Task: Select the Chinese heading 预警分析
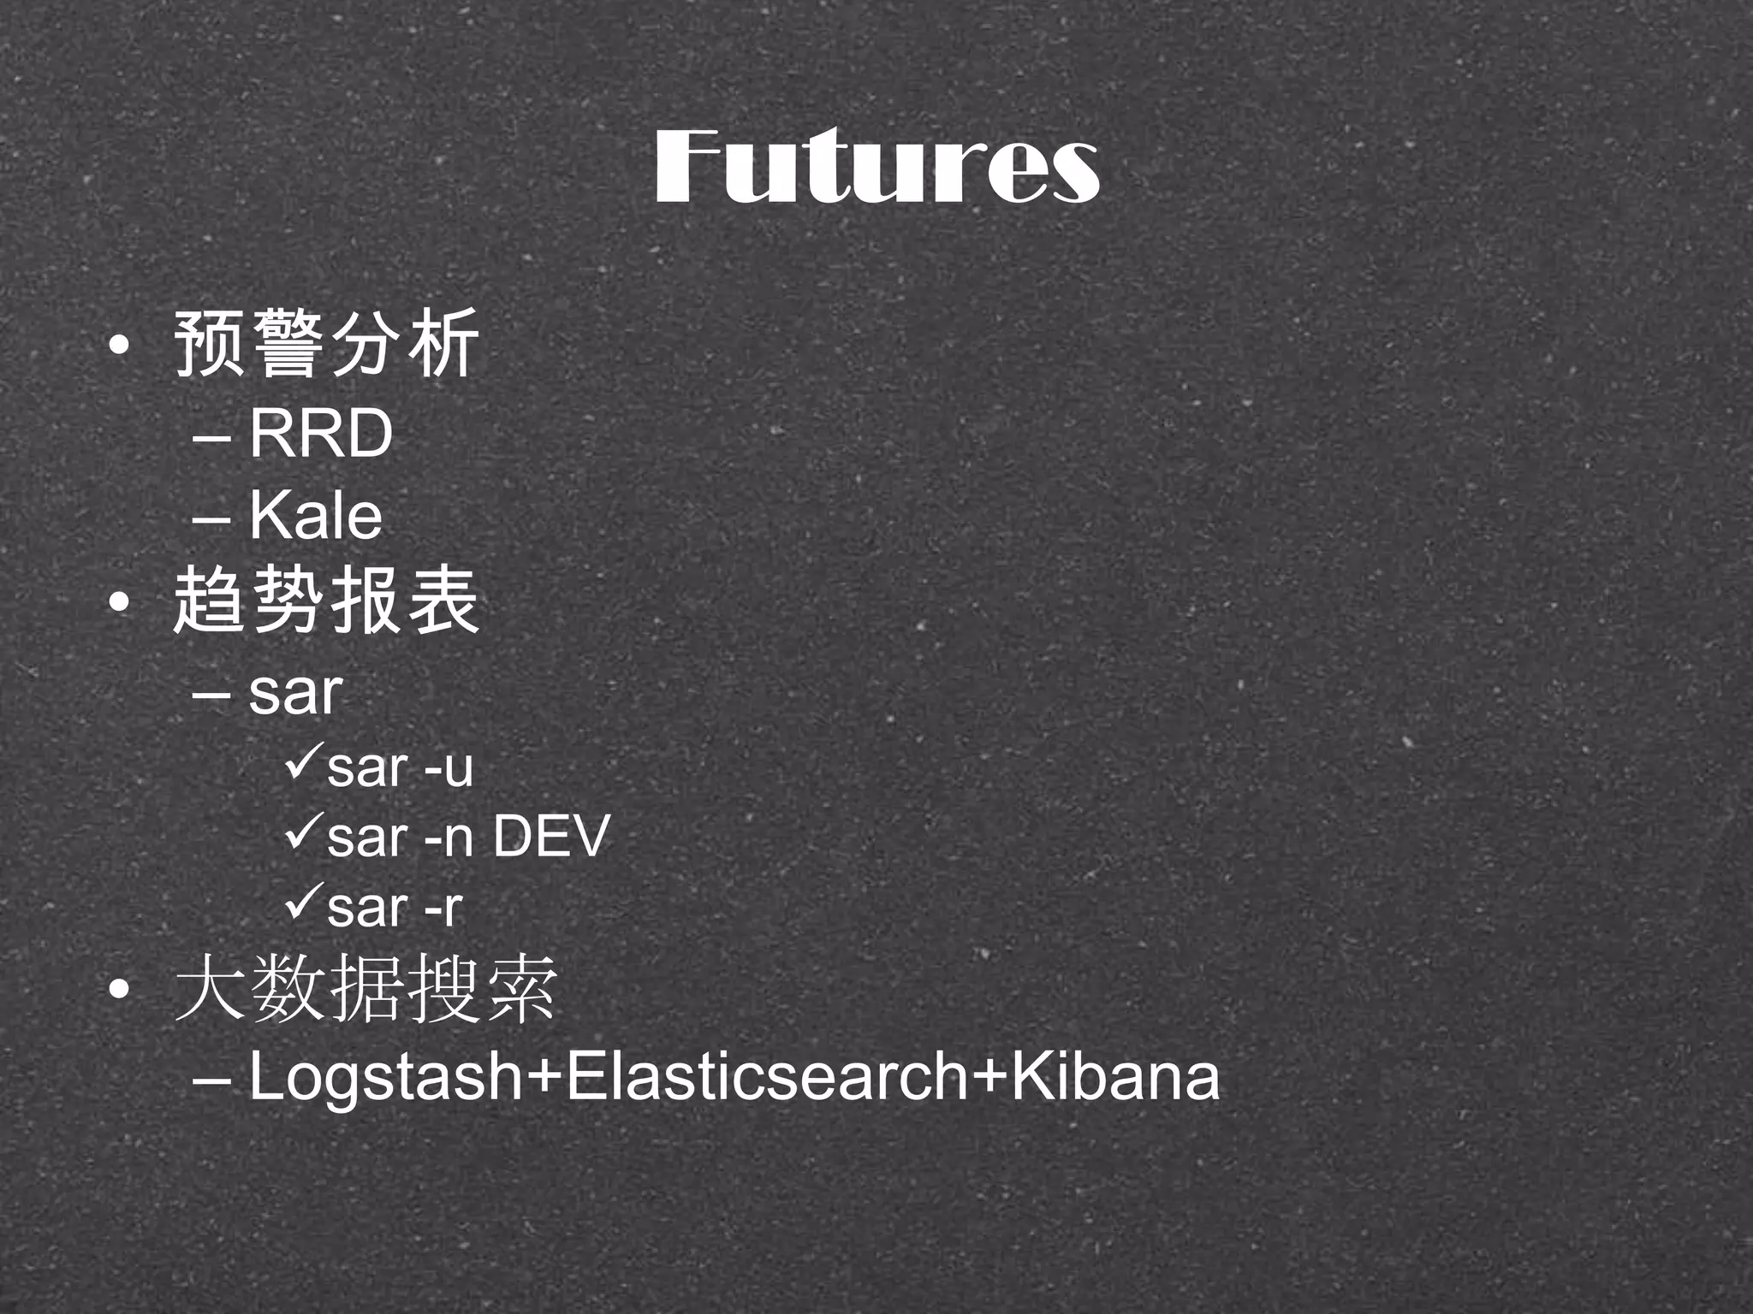click(326, 345)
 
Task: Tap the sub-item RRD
click(321, 434)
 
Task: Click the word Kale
click(316, 516)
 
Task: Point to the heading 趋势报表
click(326, 602)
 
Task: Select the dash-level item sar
click(295, 692)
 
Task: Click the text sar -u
click(400, 767)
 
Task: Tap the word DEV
click(550, 836)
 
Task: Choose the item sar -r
click(395, 907)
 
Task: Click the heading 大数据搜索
click(365, 990)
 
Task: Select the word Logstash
click(385, 1077)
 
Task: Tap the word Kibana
click(1115, 1075)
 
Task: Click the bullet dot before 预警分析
click(120, 346)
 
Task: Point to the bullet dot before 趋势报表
click(120, 604)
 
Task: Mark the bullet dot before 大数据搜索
click(120, 991)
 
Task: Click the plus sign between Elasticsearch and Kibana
click(989, 1075)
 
